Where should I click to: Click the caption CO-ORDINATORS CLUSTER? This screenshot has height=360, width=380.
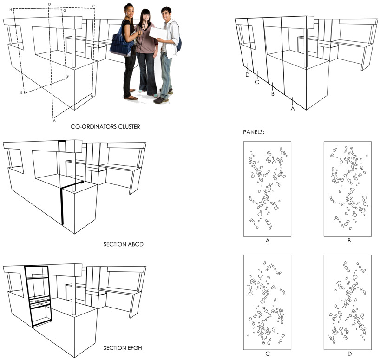pos(105,126)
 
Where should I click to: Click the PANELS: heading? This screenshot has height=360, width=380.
pos(254,132)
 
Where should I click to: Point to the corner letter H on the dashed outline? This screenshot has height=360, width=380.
pos(10,9)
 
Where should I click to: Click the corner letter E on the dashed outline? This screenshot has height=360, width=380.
pos(21,93)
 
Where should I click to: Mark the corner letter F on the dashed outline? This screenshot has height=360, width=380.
pos(68,77)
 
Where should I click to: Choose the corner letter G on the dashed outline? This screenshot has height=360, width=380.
pos(64,10)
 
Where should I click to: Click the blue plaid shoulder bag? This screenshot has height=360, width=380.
pos(122,44)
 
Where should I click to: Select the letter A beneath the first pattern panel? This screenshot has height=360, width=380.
pos(267,241)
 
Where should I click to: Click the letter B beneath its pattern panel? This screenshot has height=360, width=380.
pos(348,241)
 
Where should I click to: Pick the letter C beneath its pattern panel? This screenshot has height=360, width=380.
pos(267,354)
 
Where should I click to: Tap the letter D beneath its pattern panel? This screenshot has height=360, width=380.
pos(348,354)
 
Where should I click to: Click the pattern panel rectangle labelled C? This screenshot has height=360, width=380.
pos(267,302)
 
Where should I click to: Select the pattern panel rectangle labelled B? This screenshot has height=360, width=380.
pos(348,189)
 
